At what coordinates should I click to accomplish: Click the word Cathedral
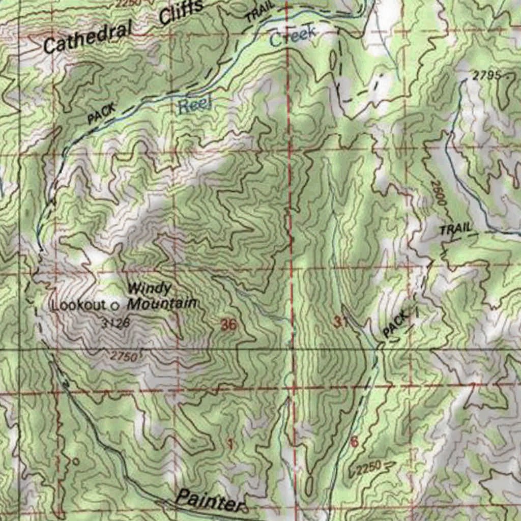click(x=86, y=39)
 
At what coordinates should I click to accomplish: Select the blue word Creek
click(x=293, y=36)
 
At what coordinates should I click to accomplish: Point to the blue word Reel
click(x=194, y=106)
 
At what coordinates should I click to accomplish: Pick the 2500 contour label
click(x=438, y=193)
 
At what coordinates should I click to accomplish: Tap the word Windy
click(x=149, y=288)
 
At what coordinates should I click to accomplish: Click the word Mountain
click(x=162, y=304)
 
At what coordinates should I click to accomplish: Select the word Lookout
click(x=79, y=305)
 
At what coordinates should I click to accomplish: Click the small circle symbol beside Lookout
click(x=114, y=306)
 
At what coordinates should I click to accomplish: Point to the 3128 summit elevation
click(x=115, y=323)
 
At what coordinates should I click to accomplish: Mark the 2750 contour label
click(x=123, y=357)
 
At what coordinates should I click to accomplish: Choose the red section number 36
click(x=229, y=325)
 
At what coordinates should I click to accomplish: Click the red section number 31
click(x=340, y=322)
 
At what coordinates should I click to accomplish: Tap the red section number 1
click(x=230, y=444)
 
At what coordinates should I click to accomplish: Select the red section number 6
click(x=354, y=442)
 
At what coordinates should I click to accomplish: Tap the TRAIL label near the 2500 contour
click(x=456, y=229)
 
